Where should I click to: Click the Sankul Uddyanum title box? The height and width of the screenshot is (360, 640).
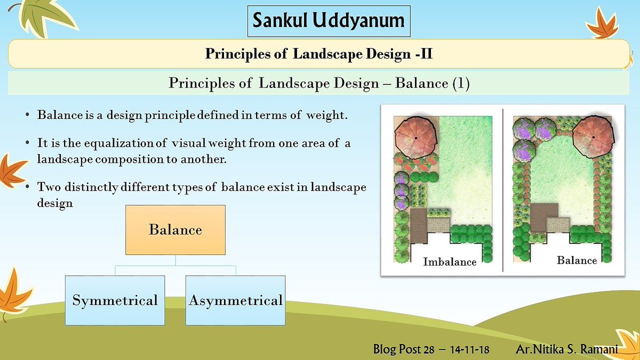click(x=329, y=21)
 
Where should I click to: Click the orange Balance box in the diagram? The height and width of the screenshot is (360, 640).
click(x=175, y=230)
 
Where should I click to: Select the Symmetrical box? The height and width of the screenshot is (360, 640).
click(x=115, y=300)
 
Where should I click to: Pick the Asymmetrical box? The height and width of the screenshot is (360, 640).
click(x=235, y=300)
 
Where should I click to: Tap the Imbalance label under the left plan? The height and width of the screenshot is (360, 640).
click(x=450, y=262)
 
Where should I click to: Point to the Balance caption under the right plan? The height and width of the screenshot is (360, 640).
click(x=577, y=260)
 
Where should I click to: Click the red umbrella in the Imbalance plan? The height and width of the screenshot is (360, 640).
click(x=416, y=138)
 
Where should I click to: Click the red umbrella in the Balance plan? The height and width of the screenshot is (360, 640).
click(x=593, y=137)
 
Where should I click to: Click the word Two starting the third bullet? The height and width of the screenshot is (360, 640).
click(x=49, y=187)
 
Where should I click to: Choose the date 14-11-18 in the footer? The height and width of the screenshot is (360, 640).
click(x=469, y=349)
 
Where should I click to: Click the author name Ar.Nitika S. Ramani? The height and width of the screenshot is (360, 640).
click(x=567, y=349)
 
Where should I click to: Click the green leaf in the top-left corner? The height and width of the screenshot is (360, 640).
click(x=46, y=18)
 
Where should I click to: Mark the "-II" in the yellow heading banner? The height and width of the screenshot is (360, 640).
click(x=424, y=54)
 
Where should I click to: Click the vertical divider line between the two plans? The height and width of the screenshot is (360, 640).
click(x=503, y=190)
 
